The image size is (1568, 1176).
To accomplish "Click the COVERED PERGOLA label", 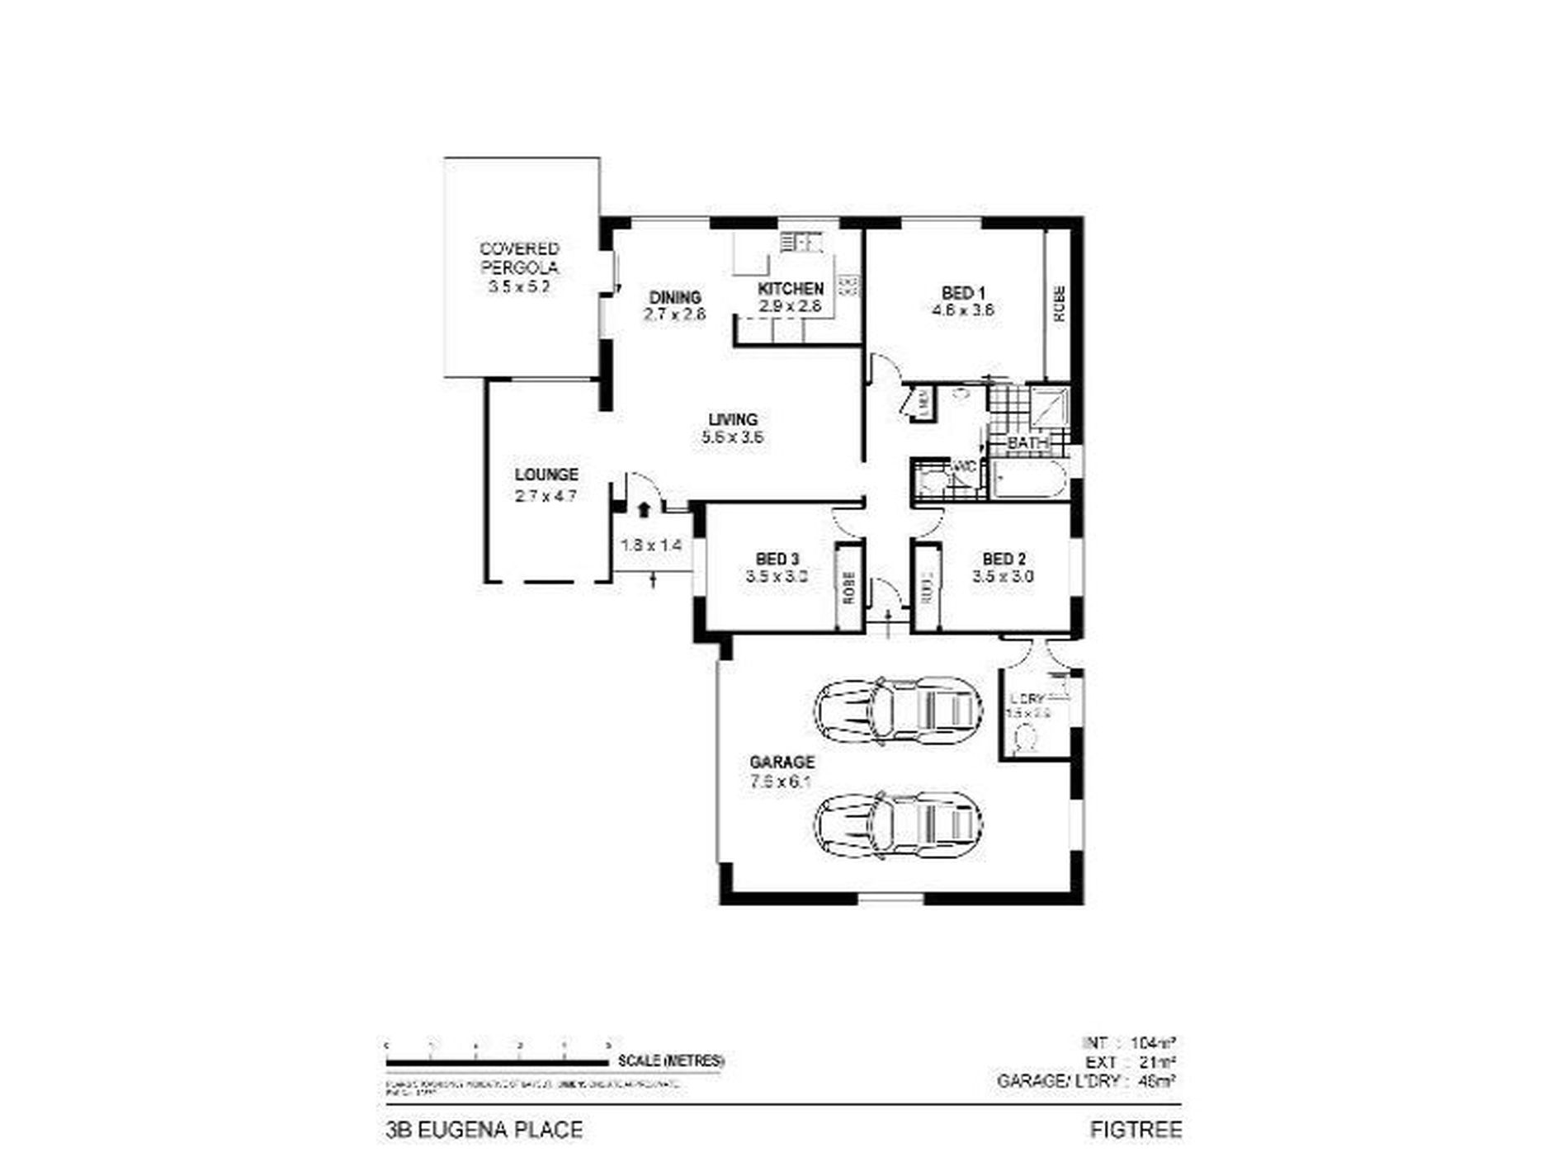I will click(x=520, y=257).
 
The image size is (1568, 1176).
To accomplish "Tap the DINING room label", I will click(x=675, y=297).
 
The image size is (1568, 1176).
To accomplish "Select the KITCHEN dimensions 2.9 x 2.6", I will click(x=790, y=306).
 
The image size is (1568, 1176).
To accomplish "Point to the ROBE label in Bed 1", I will click(x=1059, y=304).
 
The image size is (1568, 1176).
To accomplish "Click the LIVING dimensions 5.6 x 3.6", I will click(x=732, y=437).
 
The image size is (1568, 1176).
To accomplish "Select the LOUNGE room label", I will click(x=546, y=475).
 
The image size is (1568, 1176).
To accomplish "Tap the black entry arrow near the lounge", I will click(x=644, y=509).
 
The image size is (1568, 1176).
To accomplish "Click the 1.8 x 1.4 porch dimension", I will click(x=651, y=545).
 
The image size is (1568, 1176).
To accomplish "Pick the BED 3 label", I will click(x=777, y=559).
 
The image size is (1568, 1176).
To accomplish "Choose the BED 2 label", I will click(x=1003, y=559).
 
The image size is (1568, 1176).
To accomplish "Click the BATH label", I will click(x=1028, y=443).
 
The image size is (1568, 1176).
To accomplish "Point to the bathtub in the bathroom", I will click(x=1027, y=480).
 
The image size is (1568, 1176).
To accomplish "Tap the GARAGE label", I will click(x=782, y=762).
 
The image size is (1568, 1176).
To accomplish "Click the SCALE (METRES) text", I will click(x=671, y=1061).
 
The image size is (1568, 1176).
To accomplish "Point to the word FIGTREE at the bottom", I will click(x=1136, y=1129).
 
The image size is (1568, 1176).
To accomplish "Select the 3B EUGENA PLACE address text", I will click(x=484, y=1129).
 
